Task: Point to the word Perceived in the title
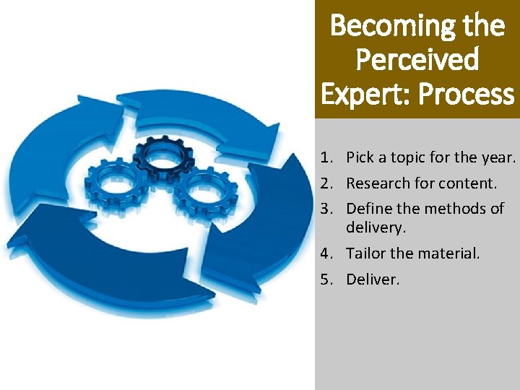tap(417, 60)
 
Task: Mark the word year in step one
tap(498, 157)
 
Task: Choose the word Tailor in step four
tap(365, 253)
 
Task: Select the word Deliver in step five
tap(371, 279)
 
